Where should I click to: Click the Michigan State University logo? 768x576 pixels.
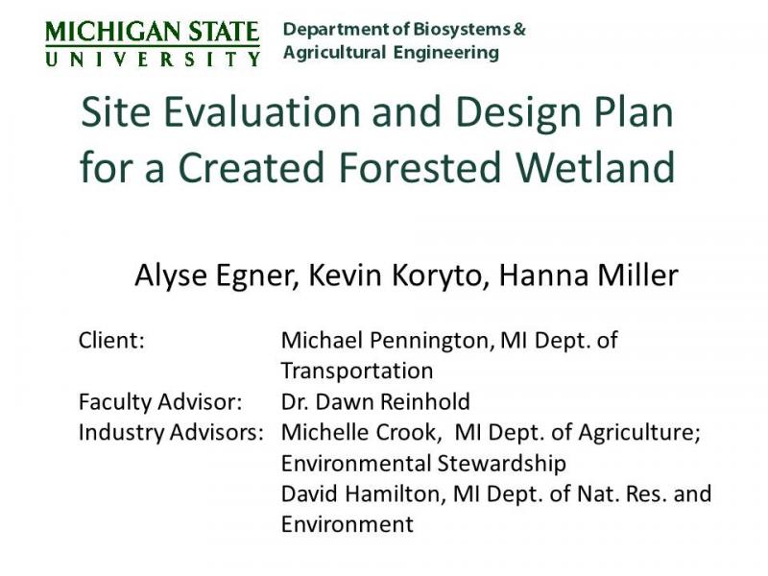(x=153, y=43)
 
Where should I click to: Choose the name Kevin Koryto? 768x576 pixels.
(x=389, y=276)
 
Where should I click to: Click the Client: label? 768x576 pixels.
(x=111, y=340)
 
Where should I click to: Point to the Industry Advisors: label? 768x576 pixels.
(x=171, y=432)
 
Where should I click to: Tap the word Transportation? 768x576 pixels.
(x=356, y=371)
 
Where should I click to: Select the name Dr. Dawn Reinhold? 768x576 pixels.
(x=375, y=401)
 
